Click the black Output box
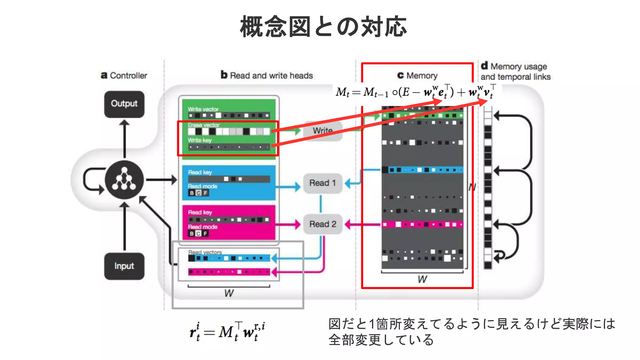point(124,104)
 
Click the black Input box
point(124,266)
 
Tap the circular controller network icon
point(124,180)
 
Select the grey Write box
point(322,131)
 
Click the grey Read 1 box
point(322,183)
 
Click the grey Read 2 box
point(322,224)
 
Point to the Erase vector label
point(203,125)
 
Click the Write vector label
point(203,109)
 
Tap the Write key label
point(200,140)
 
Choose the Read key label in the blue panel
point(200,172)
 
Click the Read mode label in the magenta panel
point(202,227)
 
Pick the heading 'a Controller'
point(124,76)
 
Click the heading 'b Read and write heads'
point(267,75)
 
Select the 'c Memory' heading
point(417,76)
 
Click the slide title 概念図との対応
point(323,27)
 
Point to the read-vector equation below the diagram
point(227,332)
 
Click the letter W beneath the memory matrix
point(422,279)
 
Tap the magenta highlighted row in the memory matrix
point(422,224)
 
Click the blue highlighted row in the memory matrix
point(422,170)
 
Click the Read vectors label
point(205,252)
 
